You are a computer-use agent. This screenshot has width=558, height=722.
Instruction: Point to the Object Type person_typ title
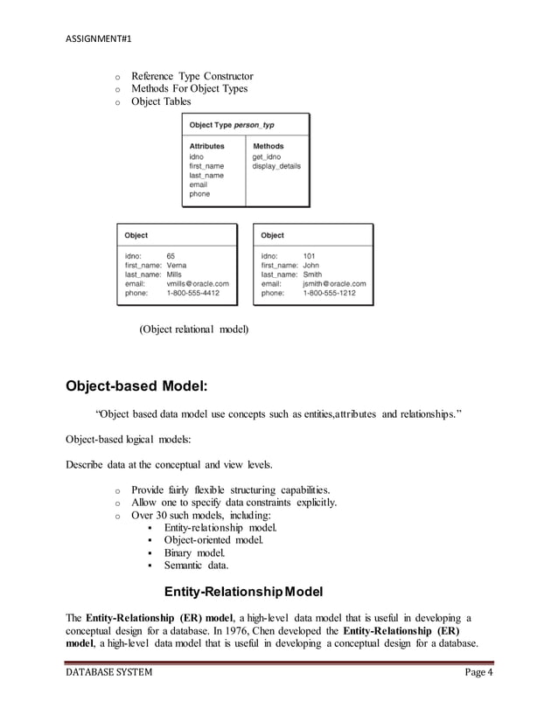coord(227,125)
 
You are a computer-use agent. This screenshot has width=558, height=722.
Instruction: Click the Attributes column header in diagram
coord(206,146)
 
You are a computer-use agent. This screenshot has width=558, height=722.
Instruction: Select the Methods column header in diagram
coord(268,146)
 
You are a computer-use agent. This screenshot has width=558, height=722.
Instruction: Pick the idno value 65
coord(172,256)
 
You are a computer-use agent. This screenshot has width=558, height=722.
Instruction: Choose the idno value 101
coord(310,256)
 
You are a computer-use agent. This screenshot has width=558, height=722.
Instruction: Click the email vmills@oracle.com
coord(198,284)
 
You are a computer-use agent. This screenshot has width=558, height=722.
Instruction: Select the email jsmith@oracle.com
coord(334,284)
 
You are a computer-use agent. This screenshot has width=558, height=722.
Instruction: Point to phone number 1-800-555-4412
coord(192,294)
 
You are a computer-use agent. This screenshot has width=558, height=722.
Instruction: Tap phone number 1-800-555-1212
coord(329,294)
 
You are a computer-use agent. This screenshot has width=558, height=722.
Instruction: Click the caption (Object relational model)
coord(193,330)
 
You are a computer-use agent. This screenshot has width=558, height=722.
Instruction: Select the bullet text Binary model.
coord(194,553)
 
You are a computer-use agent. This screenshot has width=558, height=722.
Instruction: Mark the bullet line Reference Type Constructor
coord(192,76)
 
